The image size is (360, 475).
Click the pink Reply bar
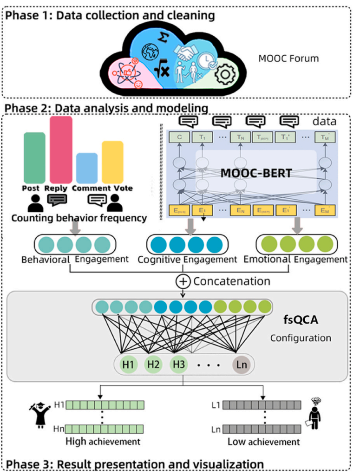(x=61, y=150)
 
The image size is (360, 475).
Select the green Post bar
(x=35, y=157)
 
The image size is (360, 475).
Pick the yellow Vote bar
(x=112, y=162)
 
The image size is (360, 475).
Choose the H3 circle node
(x=178, y=364)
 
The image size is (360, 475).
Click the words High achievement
(x=102, y=441)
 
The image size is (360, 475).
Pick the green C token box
(x=179, y=137)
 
